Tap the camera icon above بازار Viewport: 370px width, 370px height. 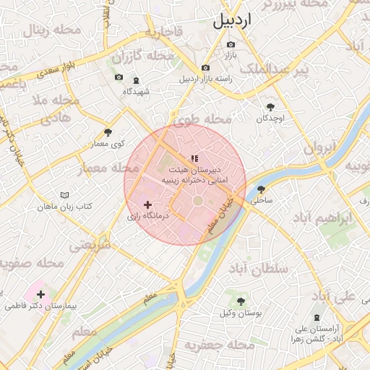[x=231, y=45]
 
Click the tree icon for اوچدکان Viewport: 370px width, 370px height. [x=270, y=107]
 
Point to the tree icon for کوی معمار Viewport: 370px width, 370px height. [x=108, y=132]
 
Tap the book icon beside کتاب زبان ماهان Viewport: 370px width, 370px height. [x=65, y=195]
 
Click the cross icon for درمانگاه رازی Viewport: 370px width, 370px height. [x=148, y=205]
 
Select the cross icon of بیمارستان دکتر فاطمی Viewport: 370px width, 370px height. [x=40, y=294]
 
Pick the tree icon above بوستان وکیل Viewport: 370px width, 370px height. [x=241, y=301]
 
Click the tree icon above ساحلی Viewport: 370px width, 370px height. [x=261, y=189]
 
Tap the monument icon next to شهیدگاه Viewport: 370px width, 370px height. [x=137, y=77]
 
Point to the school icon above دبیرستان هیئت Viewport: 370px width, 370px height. [x=193, y=158]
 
